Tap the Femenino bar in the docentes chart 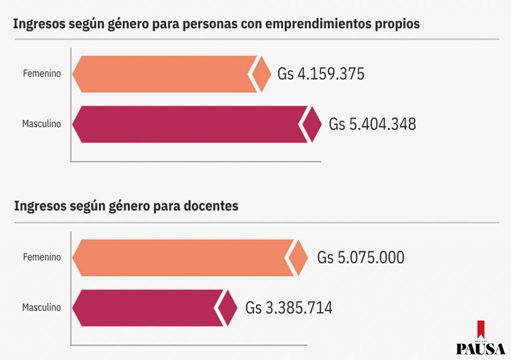coord(182,258)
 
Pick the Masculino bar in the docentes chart coord(147,308)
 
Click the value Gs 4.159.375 coord(321,74)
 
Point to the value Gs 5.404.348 coord(372,124)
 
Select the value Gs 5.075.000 coord(361,258)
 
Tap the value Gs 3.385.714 coord(289,308)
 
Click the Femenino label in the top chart coord(42,74)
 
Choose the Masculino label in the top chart coord(41,124)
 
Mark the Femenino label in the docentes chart coord(42,258)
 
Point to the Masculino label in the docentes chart coord(41,308)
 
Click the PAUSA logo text coord(480,348)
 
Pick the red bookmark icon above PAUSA coord(481,328)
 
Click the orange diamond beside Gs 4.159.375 coord(261,74)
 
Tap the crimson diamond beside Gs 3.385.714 coord(229,308)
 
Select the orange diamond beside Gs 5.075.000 coord(299,258)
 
